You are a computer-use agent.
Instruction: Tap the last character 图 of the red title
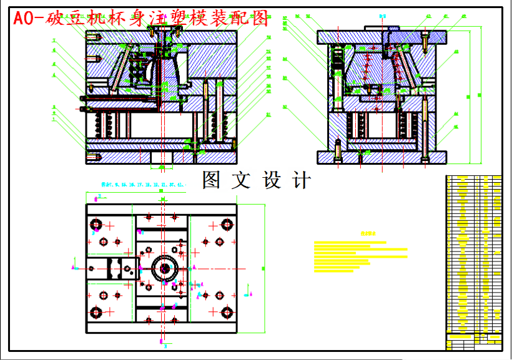click(259, 18)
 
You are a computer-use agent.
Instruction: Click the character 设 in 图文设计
click(273, 180)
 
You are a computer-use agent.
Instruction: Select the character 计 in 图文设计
click(302, 180)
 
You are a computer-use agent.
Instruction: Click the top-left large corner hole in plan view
click(96, 224)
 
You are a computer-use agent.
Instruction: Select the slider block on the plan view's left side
click(112, 268)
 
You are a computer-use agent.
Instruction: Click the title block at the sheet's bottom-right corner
click(474, 341)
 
